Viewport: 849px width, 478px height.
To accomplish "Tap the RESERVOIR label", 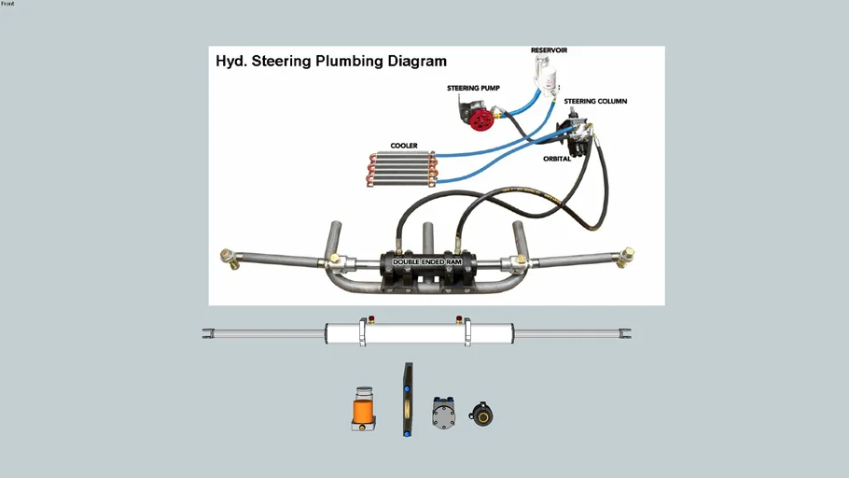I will coord(549,50).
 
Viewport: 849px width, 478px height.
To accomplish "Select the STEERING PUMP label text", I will coord(473,89).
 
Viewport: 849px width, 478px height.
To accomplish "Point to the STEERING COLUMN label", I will coord(595,101).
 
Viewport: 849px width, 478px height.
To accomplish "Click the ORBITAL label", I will coord(557,159).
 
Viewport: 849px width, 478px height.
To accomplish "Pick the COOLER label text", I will coord(404,146).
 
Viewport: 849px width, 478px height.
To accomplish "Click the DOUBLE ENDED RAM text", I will coord(426,262).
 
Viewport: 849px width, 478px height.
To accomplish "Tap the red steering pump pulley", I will coord(481,119).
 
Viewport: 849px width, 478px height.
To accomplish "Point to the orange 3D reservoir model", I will coord(363,409).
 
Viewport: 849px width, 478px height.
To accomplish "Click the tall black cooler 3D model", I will coord(408,400).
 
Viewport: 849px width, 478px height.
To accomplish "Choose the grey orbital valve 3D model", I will coord(444,412).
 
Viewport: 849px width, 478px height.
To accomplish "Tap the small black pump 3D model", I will coord(481,414).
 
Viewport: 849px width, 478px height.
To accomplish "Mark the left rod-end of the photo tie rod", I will coord(227,258).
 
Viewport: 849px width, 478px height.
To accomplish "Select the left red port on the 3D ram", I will coord(370,319).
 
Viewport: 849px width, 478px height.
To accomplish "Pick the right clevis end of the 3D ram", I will coord(626,332).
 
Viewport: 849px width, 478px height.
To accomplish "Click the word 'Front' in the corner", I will coord(7,4).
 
